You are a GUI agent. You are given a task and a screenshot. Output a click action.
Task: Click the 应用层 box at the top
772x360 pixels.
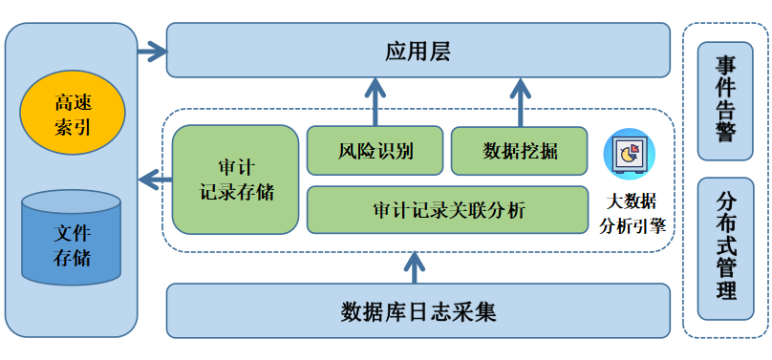[x=418, y=51]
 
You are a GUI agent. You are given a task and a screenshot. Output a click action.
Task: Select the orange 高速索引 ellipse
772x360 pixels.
[x=73, y=114]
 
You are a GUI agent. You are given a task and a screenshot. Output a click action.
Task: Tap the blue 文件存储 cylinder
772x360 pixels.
[x=72, y=238]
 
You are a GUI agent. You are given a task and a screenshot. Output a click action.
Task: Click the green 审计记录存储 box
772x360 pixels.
[x=235, y=179]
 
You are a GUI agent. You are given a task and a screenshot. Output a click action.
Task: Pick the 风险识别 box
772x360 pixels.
[x=375, y=151]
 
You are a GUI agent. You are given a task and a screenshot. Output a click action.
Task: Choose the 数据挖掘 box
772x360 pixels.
[x=520, y=151]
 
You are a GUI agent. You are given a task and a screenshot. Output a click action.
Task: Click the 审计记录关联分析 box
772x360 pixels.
[x=447, y=210]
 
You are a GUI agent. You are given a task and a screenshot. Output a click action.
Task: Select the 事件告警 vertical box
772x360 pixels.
[x=725, y=100]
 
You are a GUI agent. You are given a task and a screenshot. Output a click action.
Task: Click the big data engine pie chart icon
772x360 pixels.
[x=630, y=153]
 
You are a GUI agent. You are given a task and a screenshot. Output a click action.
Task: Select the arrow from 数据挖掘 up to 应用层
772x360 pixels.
[x=520, y=103]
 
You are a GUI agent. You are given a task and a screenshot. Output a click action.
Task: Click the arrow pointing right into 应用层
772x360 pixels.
[x=151, y=51]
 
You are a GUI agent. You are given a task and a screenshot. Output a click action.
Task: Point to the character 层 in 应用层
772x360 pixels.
[x=440, y=51]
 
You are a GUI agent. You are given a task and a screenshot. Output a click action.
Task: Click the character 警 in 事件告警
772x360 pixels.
[x=725, y=132]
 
